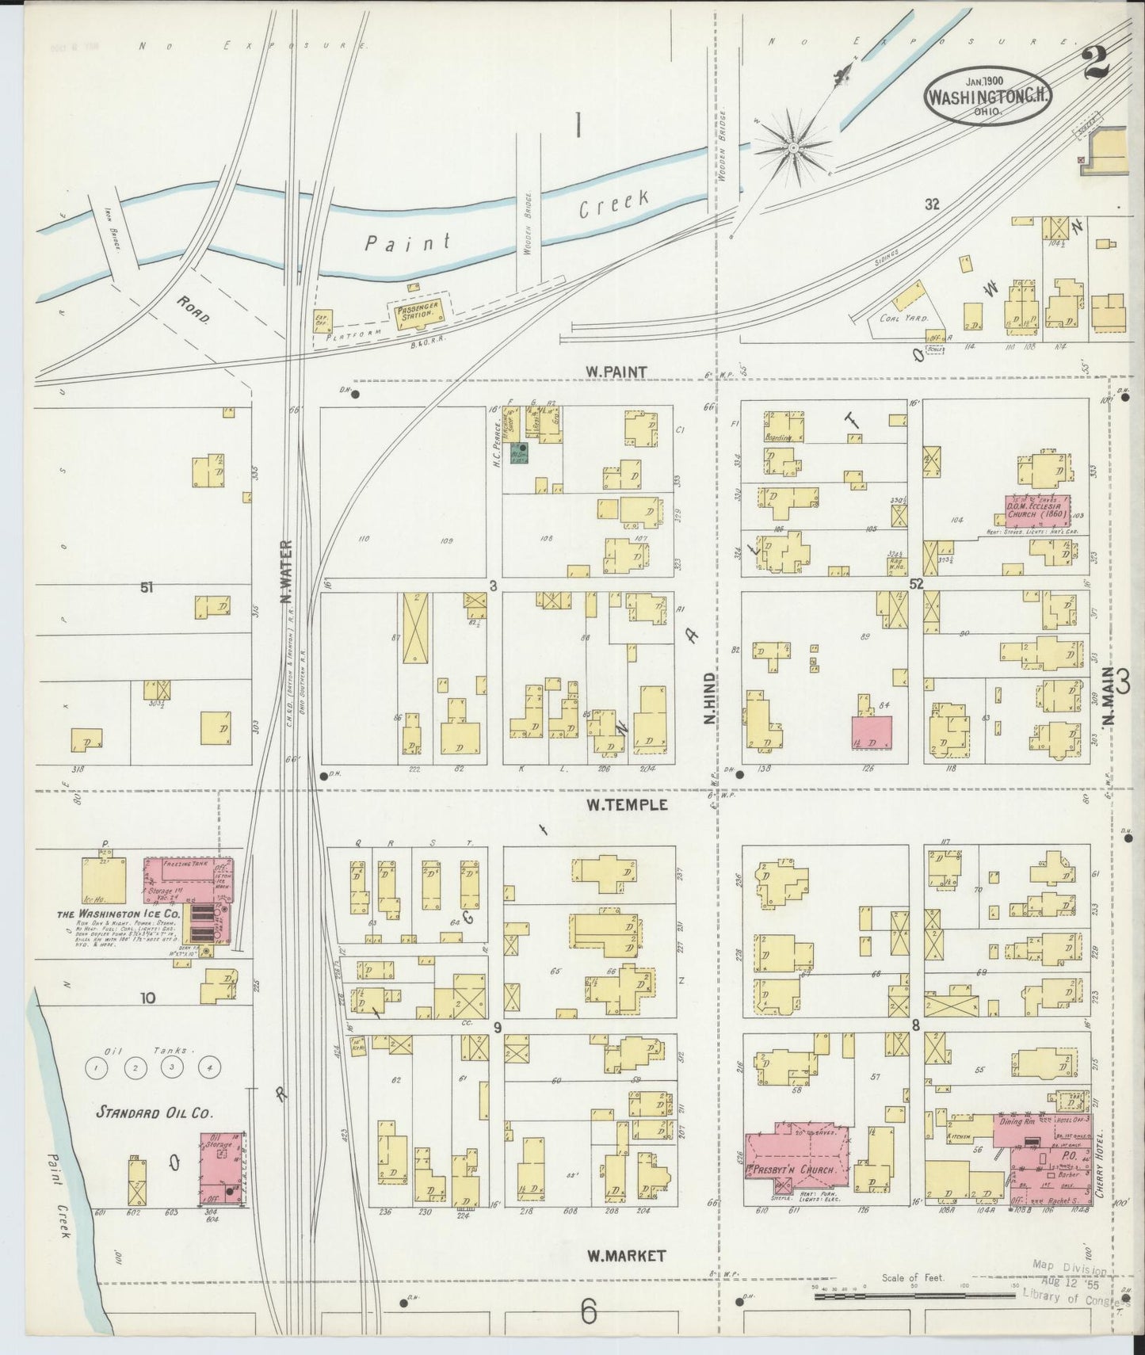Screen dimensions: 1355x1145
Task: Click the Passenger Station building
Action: pos(415,314)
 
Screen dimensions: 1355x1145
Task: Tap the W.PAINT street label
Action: pos(616,372)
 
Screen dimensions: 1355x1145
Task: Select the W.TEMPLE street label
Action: pos(627,805)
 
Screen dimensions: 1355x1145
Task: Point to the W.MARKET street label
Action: pos(626,1256)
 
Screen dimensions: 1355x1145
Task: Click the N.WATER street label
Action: pos(286,572)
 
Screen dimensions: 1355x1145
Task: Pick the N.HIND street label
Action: pos(710,698)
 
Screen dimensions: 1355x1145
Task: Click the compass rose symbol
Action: pos(792,147)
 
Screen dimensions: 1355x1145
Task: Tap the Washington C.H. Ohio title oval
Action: pos(987,97)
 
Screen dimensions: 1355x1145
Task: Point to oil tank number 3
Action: pos(172,1067)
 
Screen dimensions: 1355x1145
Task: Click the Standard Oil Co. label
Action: pos(154,1113)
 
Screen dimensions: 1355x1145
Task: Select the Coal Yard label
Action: pos(903,318)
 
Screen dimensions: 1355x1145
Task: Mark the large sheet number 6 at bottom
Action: pos(587,1311)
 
